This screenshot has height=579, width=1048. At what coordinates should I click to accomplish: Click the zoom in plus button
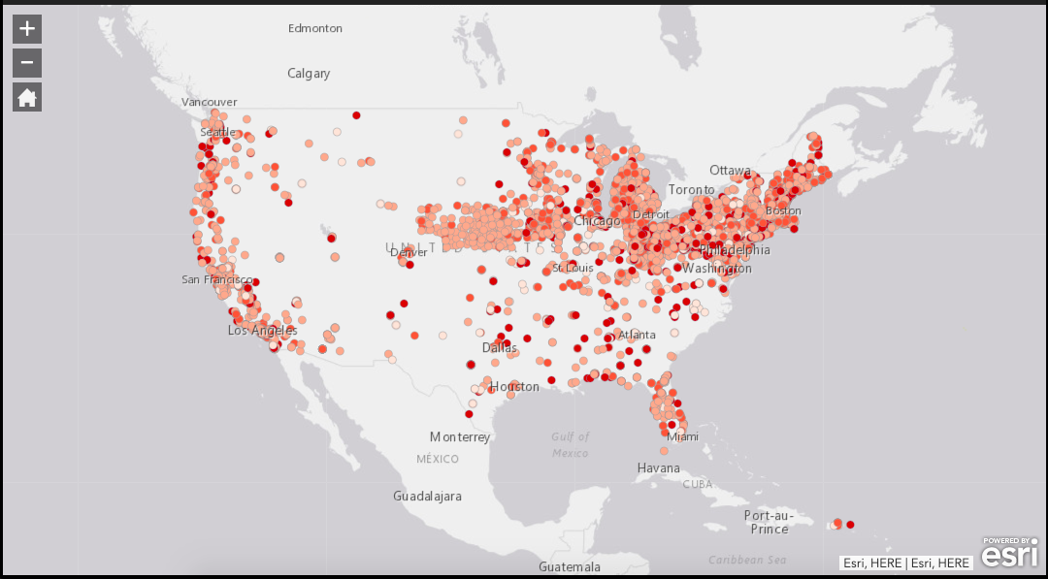tap(27, 29)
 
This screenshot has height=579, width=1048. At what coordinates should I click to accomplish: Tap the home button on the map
tap(27, 97)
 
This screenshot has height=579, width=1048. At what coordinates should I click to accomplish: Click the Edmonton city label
tap(315, 28)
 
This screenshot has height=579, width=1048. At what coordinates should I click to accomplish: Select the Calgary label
tap(309, 74)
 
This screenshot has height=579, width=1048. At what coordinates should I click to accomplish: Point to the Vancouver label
tap(210, 102)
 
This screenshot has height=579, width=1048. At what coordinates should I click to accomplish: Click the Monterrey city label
tap(460, 437)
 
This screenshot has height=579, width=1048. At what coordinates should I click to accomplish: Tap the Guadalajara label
tap(427, 497)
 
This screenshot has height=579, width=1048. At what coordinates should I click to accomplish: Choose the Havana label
tap(659, 468)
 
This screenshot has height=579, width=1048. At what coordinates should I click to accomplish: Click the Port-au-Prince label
tap(770, 522)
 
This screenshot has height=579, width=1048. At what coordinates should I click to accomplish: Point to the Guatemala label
tap(570, 567)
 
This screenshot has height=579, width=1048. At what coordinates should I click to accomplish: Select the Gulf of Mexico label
tap(571, 445)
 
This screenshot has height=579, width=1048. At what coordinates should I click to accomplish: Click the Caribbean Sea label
tap(747, 561)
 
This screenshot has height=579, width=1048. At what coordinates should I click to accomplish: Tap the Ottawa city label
tap(730, 171)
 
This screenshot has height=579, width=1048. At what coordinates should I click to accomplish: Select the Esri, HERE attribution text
tap(906, 563)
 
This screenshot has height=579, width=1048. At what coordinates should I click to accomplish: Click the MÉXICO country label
tap(438, 459)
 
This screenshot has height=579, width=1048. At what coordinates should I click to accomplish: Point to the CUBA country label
tap(697, 484)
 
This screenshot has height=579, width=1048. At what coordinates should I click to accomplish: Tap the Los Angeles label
tap(263, 331)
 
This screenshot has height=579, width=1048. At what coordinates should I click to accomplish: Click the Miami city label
tap(682, 437)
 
